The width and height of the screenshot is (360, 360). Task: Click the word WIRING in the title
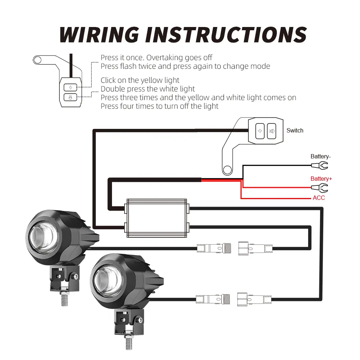click(99, 35)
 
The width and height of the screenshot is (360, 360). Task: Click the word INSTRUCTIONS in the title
click(226, 35)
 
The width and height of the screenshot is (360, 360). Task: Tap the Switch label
click(295, 130)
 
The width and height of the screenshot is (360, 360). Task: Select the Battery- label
click(320, 156)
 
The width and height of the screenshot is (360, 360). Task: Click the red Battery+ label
click(321, 179)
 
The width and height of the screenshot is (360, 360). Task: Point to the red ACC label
click(319, 198)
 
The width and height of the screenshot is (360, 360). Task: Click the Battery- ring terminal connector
click(320, 165)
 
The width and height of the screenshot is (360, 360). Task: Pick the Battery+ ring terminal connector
click(320, 188)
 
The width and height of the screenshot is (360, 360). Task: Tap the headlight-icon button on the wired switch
click(271, 131)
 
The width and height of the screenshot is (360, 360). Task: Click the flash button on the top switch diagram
click(70, 87)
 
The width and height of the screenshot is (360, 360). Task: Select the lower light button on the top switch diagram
click(70, 97)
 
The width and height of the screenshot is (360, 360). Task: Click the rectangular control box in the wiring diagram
click(157, 218)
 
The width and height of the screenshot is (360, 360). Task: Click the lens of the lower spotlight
click(108, 280)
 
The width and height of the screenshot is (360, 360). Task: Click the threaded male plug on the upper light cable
click(214, 248)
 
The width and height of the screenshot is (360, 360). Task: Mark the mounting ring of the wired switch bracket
click(227, 170)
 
